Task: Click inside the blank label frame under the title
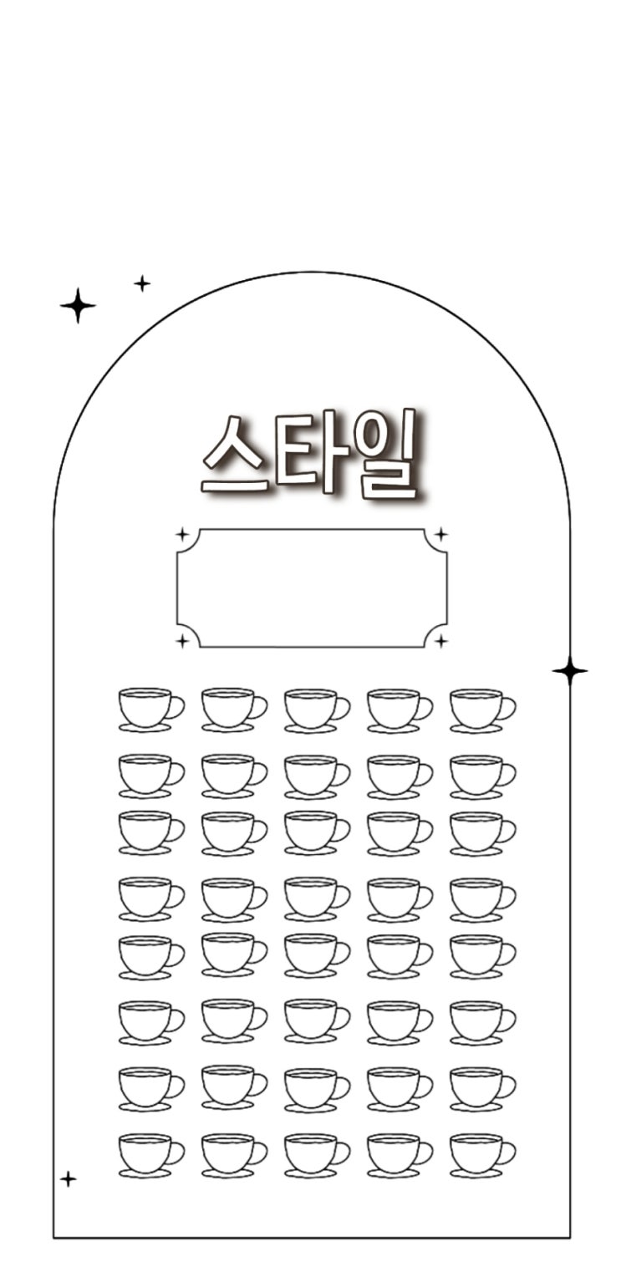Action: tap(312, 588)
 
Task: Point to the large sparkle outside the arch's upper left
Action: tap(78, 305)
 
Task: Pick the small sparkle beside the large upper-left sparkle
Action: tap(142, 283)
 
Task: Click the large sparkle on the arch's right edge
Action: tap(570, 670)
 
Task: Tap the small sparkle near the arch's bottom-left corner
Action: tap(69, 1178)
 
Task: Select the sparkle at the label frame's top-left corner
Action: tap(182, 534)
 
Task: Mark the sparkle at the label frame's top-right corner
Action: tap(442, 534)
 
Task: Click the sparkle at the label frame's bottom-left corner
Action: tap(182, 640)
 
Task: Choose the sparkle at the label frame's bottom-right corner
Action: tap(442, 640)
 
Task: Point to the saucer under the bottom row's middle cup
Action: tap(311, 1173)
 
